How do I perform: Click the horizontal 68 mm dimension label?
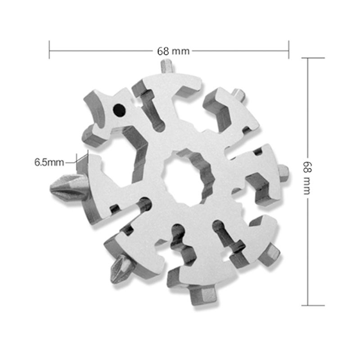(x=173, y=51)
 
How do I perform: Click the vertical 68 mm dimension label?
(x=308, y=177)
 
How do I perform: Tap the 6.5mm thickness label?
(x=49, y=162)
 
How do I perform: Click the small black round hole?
(x=119, y=110)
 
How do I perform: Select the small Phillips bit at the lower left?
(x=121, y=269)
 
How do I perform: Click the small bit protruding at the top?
(x=167, y=66)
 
